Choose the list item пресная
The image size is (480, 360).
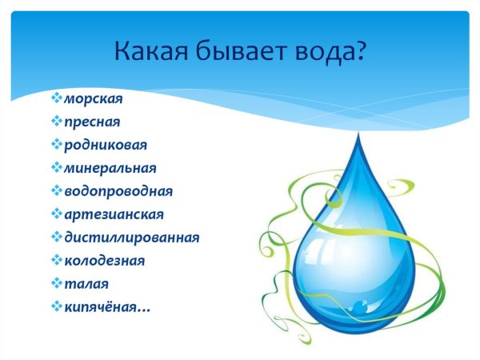pos(91,122)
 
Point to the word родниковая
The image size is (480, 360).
pos(105,146)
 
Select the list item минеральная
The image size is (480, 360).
pos(110,169)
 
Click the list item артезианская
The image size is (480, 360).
pos(114,214)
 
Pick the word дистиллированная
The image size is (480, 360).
pos(131,238)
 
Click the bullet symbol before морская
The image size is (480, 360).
pos(55,99)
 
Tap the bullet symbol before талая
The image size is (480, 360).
pos(55,284)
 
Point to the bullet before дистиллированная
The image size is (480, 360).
pos(55,238)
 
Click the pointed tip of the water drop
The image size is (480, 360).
pos(357,138)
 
